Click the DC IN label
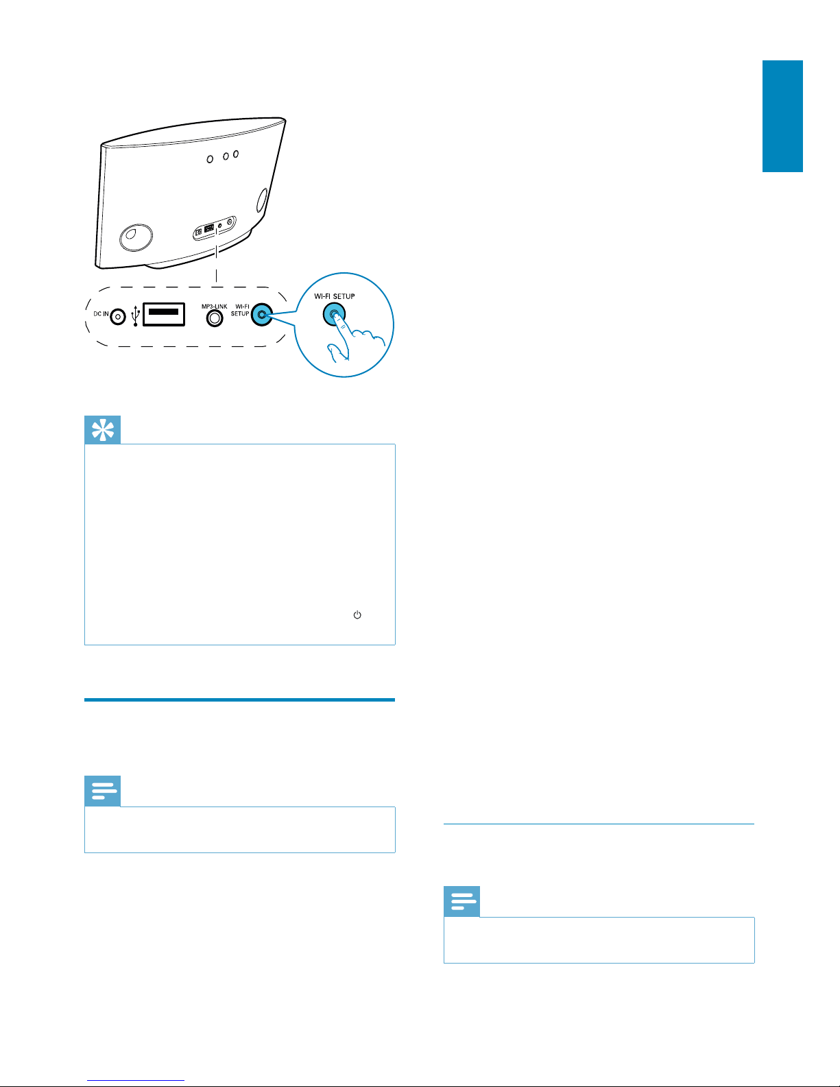pyautogui.click(x=101, y=314)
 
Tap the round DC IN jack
pyautogui.click(x=118, y=317)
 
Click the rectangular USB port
pyautogui.click(x=164, y=314)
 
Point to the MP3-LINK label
pyautogui.click(x=215, y=306)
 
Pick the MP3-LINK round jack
pyautogui.click(x=215, y=318)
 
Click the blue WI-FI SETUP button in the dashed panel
pyautogui.click(x=261, y=315)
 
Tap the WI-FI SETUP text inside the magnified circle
pyautogui.click(x=335, y=296)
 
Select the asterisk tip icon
pyautogui.click(x=102, y=430)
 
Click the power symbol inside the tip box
pyautogui.click(x=357, y=614)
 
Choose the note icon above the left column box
pyautogui.click(x=102, y=791)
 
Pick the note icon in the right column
pyautogui.click(x=462, y=901)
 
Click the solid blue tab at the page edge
pyautogui.click(x=782, y=116)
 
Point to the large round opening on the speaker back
pyautogui.click(x=136, y=237)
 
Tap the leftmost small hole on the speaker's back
pyautogui.click(x=210, y=159)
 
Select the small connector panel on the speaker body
pyautogui.click(x=215, y=228)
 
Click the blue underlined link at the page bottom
pyautogui.click(x=136, y=1080)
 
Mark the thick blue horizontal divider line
pyautogui.click(x=239, y=700)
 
